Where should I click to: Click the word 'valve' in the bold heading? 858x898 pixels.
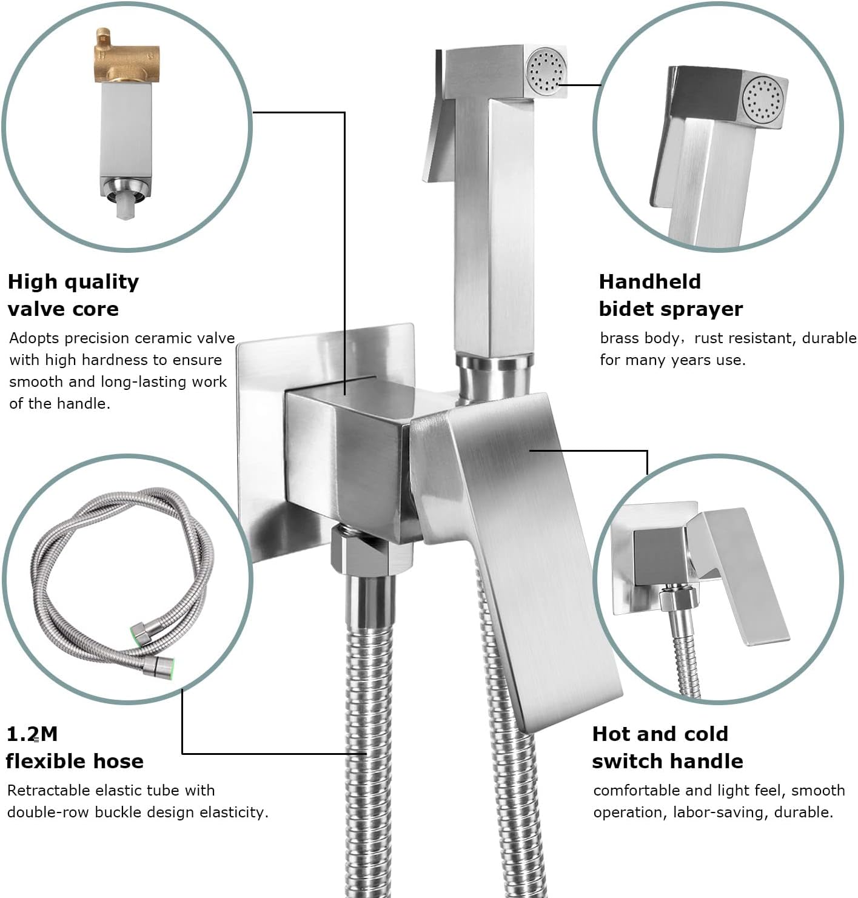36,309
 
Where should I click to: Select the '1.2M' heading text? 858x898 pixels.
32,734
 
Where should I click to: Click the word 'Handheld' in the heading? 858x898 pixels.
649,282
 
